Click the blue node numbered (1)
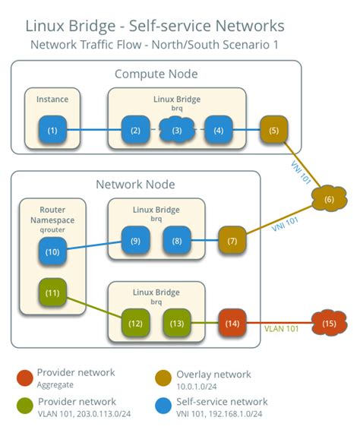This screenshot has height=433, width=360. click(52, 130)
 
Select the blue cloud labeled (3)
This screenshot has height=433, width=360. click(177, 130)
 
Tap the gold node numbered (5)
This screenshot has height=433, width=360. click(274, 130)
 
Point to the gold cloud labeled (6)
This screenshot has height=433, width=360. click(329, 198)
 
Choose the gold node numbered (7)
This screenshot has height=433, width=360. click(232, 240)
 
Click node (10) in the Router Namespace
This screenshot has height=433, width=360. click(52, 251)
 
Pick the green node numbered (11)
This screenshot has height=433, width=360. click(52, 292)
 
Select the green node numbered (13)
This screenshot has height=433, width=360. click(177, 323)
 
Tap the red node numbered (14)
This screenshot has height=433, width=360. click(232, 323)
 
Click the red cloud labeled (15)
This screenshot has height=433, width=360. click(329, 323)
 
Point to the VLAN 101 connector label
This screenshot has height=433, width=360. click(281, 329)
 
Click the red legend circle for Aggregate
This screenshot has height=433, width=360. click(25, 378)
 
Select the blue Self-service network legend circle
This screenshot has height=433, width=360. click(163, 406)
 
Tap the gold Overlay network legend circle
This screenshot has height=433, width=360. click(163, 378)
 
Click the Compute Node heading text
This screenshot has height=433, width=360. click(156, 74)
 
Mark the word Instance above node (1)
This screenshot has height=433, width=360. click(52, 100)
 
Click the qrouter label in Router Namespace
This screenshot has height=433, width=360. click(52, 229)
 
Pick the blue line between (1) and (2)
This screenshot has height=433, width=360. click(94, 130)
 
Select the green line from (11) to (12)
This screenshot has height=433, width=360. click(94, 308)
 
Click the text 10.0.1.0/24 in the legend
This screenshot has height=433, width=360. click(196, 387)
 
